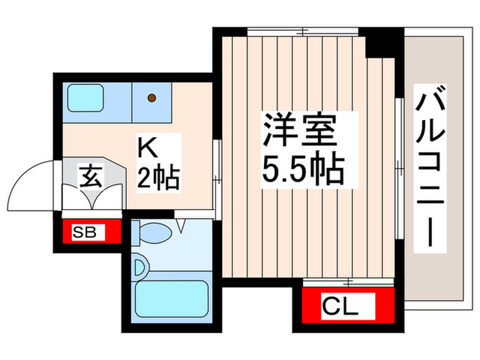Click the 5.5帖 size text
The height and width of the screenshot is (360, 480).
[x=302, y=170]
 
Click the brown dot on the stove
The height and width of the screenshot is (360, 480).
[x=152, y=98]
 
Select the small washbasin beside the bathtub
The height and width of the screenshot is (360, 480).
[x=140, y=266]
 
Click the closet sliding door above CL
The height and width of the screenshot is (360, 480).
[x=348, y=282]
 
